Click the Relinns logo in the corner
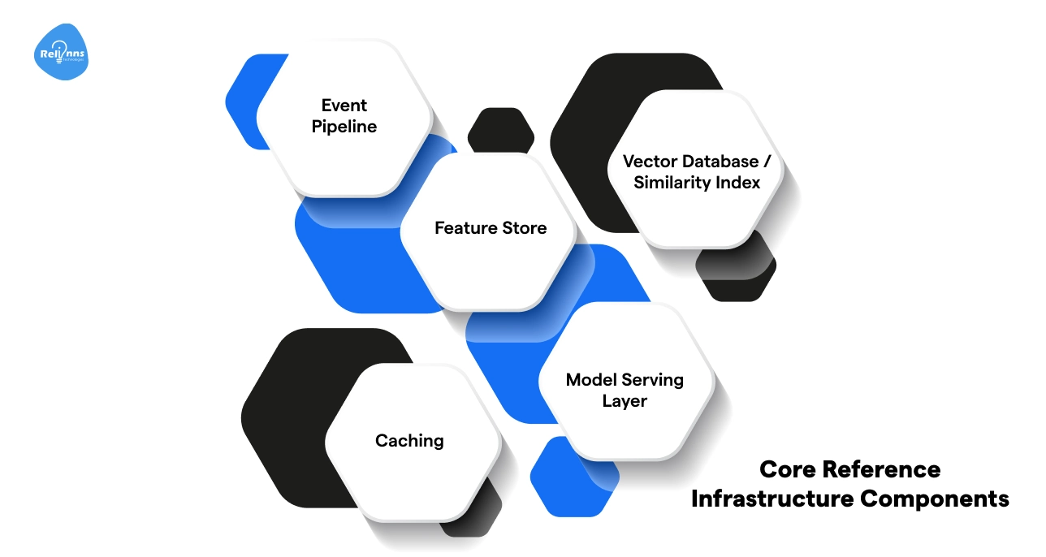(62, 54)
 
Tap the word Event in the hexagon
(344, 106)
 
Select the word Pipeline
(344, 127)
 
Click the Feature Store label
(491, 228)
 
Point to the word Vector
(646, 161)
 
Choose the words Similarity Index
(697, 183)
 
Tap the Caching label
(409, 441)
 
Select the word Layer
(625, 401)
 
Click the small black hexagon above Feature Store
(501, 127)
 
